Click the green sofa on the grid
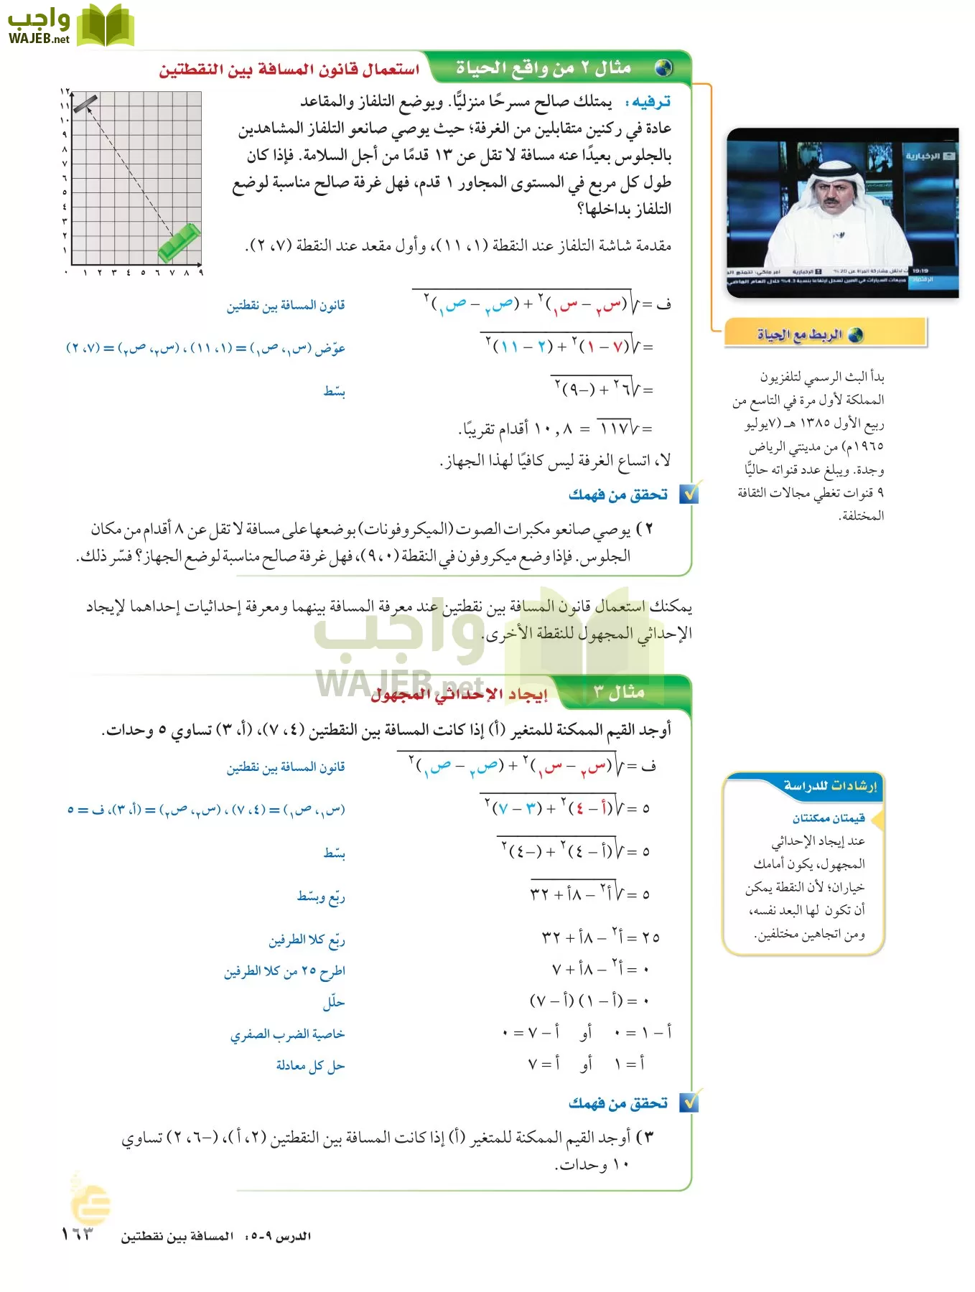click(179, 243)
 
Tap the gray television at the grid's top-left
click(85, 104)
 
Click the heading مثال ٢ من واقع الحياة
click(544, 68)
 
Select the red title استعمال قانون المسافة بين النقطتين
click(289, 70)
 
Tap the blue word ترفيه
click(649, 102)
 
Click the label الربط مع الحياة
click(800, 334)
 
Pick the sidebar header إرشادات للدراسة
click(830, 786)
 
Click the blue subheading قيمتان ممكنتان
click(829, 818)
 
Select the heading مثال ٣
click(619, 692)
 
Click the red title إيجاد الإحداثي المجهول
click(459, 694)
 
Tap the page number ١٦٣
click(78, 1234)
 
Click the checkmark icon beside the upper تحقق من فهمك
click(689, 494)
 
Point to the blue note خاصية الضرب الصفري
click(287, 1034)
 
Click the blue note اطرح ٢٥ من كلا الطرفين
click(284, 971)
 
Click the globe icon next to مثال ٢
click(664, 68)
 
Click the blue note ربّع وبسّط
click(321, 897)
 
